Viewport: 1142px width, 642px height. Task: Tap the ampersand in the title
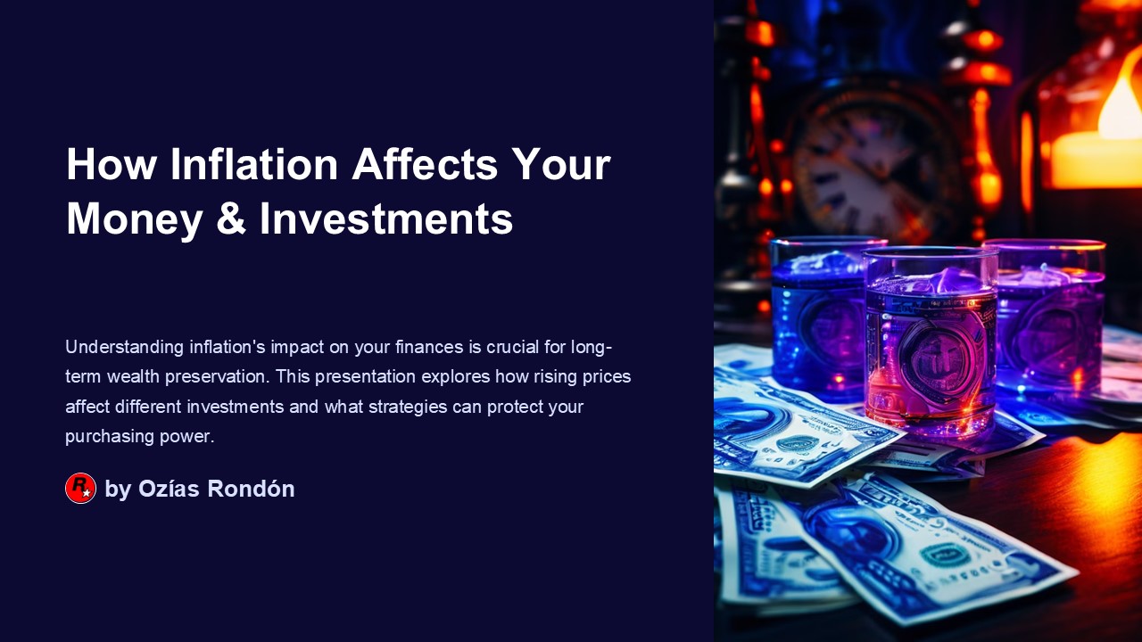231,218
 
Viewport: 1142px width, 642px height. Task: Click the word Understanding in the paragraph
125,347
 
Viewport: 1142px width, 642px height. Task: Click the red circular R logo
80,489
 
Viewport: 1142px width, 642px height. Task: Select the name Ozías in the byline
170,489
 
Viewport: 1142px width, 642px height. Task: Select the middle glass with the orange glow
930,343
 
